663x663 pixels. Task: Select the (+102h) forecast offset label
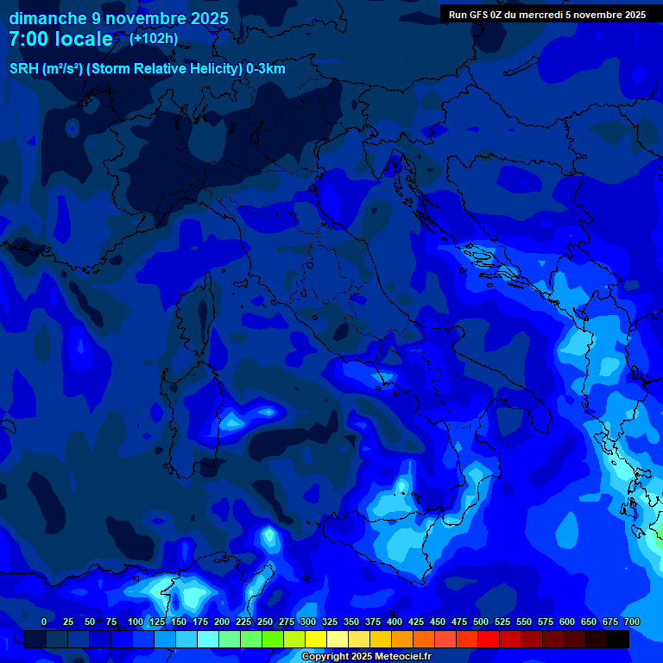[x=153, y=38]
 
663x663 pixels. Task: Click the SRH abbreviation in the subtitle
[x=24, y=69]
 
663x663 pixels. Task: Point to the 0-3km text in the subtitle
[x=266, y=69]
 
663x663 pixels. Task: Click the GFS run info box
[x=547, y=15]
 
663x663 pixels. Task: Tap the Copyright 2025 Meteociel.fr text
[x=366, y=657]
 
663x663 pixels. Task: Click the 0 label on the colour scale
[x=44, y=622]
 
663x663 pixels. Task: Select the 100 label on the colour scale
[x=136, y=622]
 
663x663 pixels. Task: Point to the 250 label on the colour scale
[x=265, y=622]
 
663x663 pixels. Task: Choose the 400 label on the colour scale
[x=395, y=622]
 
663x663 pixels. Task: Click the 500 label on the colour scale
[x=481, y=622]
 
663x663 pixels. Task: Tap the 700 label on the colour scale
[x=632, y=622]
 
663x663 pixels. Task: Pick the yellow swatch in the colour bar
[x=316, y=640]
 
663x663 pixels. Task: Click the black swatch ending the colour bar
[x=618, y=640]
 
